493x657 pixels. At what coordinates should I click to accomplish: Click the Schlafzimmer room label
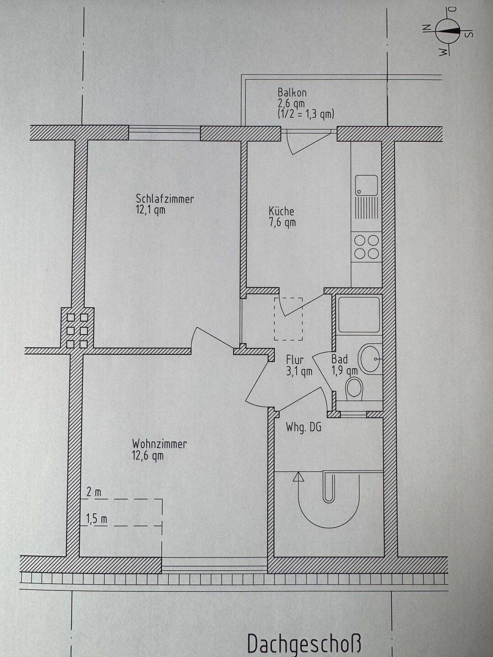click(x=164, y=199)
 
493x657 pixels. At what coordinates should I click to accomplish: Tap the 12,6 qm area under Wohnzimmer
click(x=147, y=456)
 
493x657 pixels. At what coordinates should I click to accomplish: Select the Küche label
click(x=281, y=211)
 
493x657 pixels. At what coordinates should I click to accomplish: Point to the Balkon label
click(x=292, y=93)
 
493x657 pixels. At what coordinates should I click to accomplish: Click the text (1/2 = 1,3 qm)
click(x=306, y=114)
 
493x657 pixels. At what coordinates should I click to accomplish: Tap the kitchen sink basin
click(x=367, y=185)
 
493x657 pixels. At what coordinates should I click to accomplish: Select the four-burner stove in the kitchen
click(x=367, y=247)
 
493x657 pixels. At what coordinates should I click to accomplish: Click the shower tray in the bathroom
click(x=359, y=314)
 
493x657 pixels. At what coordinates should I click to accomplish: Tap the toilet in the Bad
click(x=354, y=389)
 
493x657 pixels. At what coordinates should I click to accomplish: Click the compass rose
click(x=446, y=31)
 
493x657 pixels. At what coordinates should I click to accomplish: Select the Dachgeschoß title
click(x=304, y=643)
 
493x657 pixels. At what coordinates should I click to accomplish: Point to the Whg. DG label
click(x=304, y=428)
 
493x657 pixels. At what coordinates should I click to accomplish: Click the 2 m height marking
click(x=94, y=492)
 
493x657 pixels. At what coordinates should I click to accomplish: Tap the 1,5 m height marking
click(x=97, y=519)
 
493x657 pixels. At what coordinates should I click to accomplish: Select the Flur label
click(x=295, y=360)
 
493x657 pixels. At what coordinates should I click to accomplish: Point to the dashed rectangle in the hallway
click(x=288, y=319)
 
